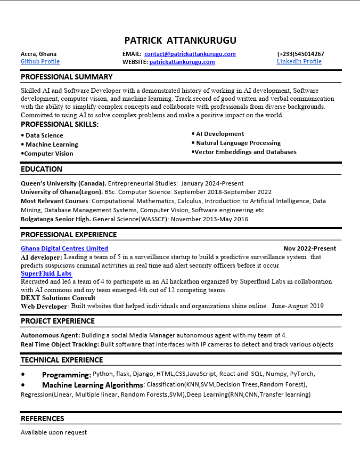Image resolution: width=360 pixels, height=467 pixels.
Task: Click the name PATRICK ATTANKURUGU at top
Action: (180, 41)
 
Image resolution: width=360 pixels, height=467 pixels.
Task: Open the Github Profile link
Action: (40, 61)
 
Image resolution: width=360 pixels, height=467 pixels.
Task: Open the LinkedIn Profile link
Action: (299, 61)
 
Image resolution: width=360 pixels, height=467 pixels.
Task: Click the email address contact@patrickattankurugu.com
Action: (190, 54)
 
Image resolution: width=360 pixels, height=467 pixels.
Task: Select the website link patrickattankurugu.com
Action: (182, 62)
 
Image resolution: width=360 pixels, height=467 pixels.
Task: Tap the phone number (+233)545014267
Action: (300, 54)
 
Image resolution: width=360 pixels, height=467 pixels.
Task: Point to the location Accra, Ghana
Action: (38, 54)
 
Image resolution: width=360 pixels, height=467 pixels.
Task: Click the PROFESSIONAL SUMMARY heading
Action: (67, 77)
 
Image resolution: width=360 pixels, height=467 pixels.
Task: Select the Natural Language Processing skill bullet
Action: (238, 143)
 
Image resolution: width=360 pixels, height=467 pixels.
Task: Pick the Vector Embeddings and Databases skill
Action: (245, 152)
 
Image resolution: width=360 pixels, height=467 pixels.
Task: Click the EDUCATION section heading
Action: (42, 169)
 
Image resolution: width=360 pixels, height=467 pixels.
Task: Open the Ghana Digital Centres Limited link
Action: (64, 248)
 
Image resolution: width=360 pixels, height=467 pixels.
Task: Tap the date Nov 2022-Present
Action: (309, 248)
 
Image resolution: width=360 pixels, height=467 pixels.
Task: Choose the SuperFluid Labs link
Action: (46, 273)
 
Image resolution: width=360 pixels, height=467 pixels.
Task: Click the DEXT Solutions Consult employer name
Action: (58, 298)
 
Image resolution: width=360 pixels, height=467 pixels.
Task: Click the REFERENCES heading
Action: (42, 418)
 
